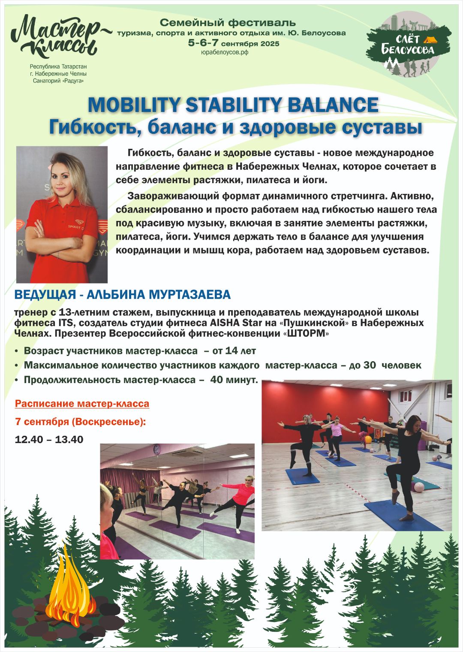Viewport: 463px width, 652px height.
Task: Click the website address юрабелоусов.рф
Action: pos(225,52)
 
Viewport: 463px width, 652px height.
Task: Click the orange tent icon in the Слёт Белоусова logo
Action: pos(428,39)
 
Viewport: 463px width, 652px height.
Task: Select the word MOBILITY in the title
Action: pos(134,105)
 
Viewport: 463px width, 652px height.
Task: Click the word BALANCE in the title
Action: pos(332,105)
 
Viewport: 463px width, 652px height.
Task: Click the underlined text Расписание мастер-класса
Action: pos(82,404)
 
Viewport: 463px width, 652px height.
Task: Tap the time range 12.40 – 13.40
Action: pos(49,439)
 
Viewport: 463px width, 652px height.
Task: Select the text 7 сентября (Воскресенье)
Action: pos(79,422)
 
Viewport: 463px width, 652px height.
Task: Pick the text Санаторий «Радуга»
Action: pos(58,81)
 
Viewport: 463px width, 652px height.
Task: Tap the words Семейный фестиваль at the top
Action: pos(228,22)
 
